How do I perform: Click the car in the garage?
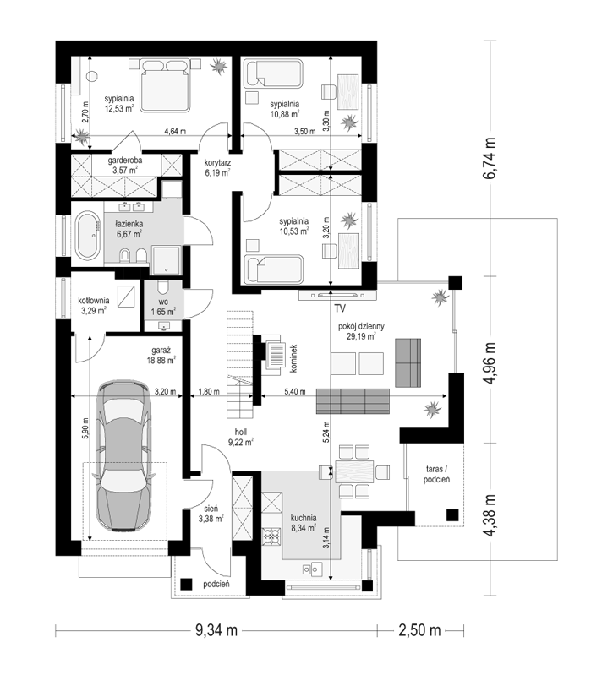(x=124, y=455)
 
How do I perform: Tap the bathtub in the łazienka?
(x=88, y=236)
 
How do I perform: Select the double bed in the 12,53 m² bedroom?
(x=166, y=85)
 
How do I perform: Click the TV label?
(x=340, y=308)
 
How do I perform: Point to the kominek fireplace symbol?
(x=275, y=354)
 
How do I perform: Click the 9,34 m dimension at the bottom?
(x=216, y=631)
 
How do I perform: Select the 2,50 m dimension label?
(x=420, y=631)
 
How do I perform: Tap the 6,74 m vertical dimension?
(x=490, y=158)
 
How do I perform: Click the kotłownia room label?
(x=94, y=301)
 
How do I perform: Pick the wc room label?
(x=163, y=302)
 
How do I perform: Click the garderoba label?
(x=125, y=161)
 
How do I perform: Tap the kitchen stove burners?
(x=271, y=536)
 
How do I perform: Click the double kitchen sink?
(x=312, y=569)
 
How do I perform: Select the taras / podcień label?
(x=436, y=474)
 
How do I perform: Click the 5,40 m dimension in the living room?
(x=295, y=392)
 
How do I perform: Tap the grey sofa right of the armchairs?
(x=408, y=363)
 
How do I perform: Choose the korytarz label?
(x=217, y=163)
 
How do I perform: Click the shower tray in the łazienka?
(x=166, y=260)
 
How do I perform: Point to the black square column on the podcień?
(x=186, y=584)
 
